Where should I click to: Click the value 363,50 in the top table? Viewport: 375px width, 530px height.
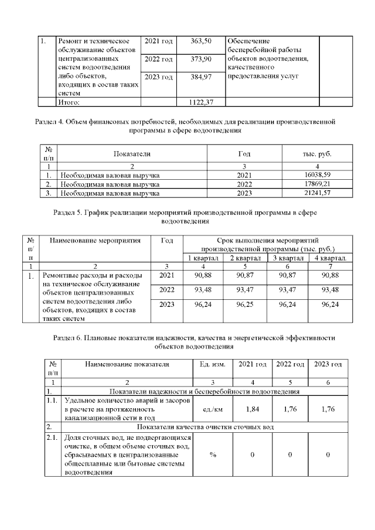point(201,42)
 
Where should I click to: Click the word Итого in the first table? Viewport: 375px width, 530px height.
point(69,102)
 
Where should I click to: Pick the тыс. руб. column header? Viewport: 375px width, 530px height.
point(316,153)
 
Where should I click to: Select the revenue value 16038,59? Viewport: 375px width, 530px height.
point(318,175)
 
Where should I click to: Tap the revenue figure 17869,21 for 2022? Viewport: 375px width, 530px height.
point(318,183)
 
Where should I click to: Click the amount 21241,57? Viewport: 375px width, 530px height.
point(318,192)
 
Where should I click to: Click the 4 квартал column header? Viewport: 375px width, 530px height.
point(330,258)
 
